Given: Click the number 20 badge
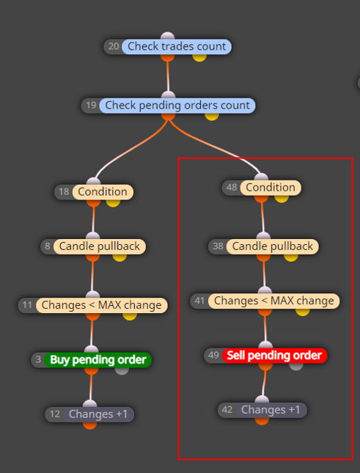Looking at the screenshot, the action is coord(114,46).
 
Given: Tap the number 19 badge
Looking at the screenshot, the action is coord(91,106).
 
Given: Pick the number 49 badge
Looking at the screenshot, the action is coord(213,356).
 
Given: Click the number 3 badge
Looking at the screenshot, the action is coord(38,359).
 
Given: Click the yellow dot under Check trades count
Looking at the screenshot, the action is coord(199,57).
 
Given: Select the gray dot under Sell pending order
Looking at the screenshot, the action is coord(296,366).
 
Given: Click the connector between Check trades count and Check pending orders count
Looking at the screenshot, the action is coord(168,76).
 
